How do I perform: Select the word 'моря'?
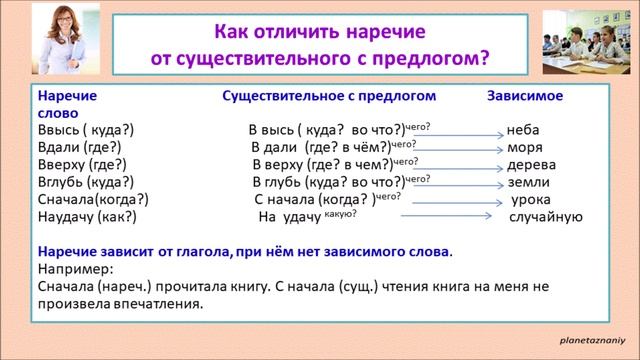click(526, 148)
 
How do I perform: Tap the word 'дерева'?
click(530, 165)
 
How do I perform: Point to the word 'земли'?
click(527, 182)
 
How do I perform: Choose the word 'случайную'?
click(545, 216)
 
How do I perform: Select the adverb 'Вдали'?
click(58, 148)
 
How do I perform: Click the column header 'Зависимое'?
click(525, 97)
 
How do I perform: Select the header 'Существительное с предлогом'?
click(329, 97)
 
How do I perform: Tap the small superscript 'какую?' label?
click(370, 211)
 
